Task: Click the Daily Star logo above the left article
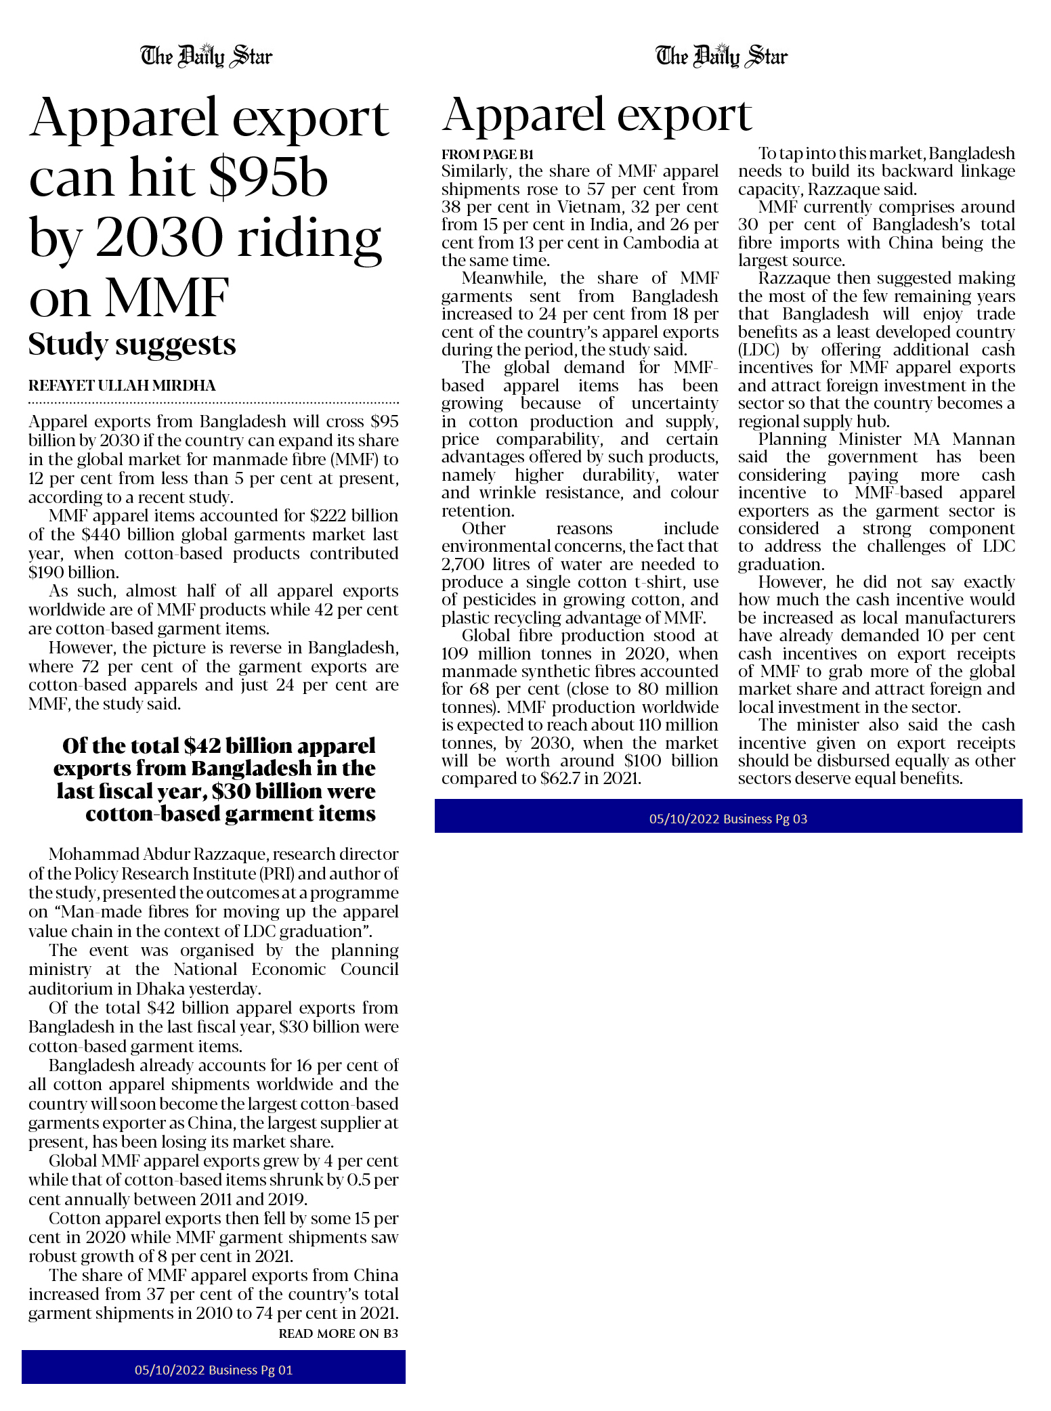[x=206, y=56]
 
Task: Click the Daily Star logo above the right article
[x=721, y=56]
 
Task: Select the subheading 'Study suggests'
[x=132, y=345]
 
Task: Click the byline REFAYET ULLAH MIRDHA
[x=122, y=386]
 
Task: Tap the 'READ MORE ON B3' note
[x=338, y=1334]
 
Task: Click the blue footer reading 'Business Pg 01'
[x=213, y=1370]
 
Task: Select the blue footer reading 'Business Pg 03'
[x=728, y=819]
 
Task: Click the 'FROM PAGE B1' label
[x=488, y=154]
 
